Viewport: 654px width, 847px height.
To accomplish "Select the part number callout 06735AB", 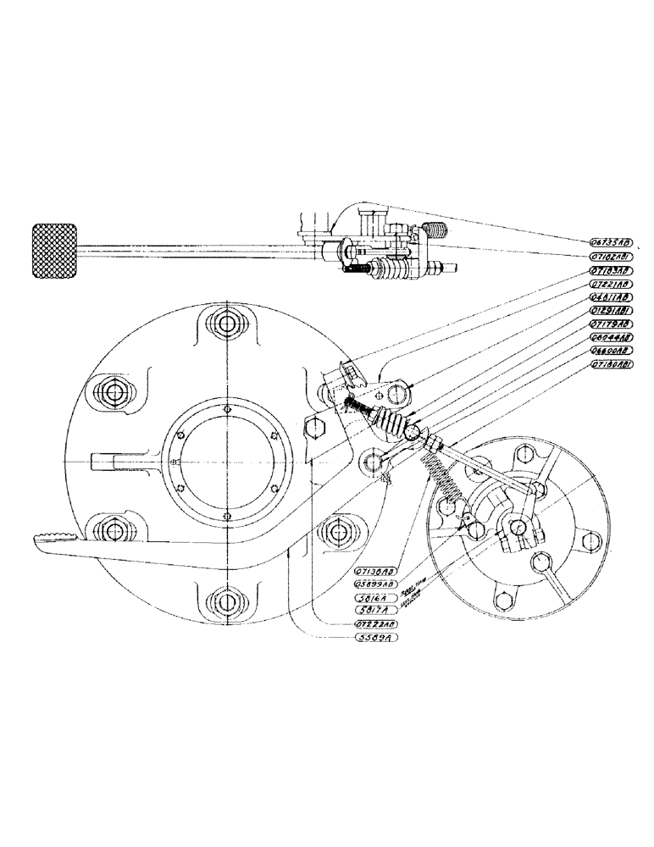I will pyautogui.click(x=610, y=241).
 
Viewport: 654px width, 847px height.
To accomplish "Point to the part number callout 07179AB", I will pyautogui.click(x=610, y=324).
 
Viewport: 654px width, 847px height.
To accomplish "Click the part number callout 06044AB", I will pyautogui.click(x=610, y=336).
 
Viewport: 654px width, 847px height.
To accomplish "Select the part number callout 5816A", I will pyautogui.click(x=374, y=596).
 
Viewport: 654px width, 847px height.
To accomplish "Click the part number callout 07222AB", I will pyautogui.click(x=374, y=624).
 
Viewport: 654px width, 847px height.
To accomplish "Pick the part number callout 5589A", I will pyautogui.click(x=374, y=638).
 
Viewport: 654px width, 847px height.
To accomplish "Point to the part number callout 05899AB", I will pyautogui.click(x=374, y=584).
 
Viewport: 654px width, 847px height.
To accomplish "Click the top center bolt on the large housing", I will pyautogui.click(x=224, y=325).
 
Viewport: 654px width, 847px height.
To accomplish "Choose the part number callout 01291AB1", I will pyautogui.click(x=610, y=311).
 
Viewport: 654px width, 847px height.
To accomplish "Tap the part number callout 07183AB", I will pyautogui.click(x=610, y=271).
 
